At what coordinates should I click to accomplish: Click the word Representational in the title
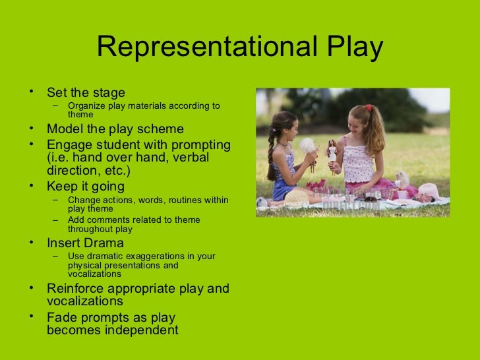pos(205,47)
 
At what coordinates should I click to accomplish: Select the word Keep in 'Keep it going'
pos(61,187)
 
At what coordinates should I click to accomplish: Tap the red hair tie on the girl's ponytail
pos(369,107)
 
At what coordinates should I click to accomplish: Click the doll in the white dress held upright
pos(332,153)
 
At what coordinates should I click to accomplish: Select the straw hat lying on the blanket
pos(297,196)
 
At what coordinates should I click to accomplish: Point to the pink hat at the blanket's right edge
pos(429,191)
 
